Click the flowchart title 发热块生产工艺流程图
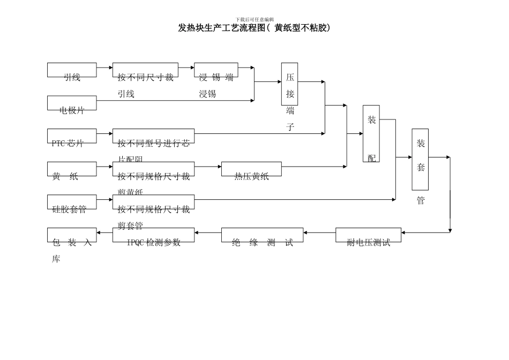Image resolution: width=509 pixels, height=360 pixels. [x=254, y=28]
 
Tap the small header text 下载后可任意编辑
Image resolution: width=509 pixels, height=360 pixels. [x=254, y=19]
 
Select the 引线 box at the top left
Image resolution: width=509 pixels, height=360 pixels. [x=72, y=70]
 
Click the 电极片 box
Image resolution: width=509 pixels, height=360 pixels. [x=72, y=103]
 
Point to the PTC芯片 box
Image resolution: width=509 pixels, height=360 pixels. [x=72, y=136]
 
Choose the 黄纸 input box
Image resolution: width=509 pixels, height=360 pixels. [x=72, y=169]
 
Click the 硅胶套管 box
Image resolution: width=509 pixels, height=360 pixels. [x=72, y=202]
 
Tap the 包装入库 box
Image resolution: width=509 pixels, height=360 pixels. [x=72, y=235]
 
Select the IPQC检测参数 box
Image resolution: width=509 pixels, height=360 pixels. [x=153, y=235]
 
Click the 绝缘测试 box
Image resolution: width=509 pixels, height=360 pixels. [x=262, y=235]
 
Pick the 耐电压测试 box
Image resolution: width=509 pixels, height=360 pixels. [x=368, y=235]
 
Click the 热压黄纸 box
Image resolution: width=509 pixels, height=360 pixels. [x=251, y=169]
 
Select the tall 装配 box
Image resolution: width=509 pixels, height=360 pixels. [x=371, y=133]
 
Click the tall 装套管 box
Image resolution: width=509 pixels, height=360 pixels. [x=420, y=159]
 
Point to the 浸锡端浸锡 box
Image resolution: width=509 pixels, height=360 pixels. [x=216, y=70]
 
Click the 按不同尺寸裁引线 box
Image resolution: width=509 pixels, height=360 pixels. [x=145, y=70]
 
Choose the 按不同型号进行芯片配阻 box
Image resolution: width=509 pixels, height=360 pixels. [x=153, y=136]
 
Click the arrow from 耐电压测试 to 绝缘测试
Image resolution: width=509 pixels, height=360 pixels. [x=319, y=232]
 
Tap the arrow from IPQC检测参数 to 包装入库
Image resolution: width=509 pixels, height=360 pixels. [x=104, y=232]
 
